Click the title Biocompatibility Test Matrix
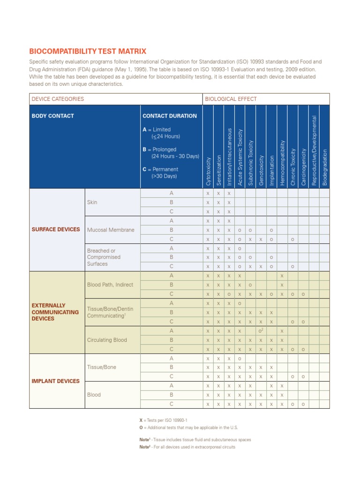point(88,52)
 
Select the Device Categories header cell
point(58,99)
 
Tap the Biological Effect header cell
point(230,99)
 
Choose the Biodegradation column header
point(325,167)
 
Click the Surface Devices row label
point(55,230)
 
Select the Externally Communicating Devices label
point(55,312)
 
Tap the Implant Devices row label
point(55,381)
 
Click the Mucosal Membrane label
point(111,230)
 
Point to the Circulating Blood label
point(107,340)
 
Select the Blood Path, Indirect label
point(110,285)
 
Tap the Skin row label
point(92,202)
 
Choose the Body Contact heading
point(52,116)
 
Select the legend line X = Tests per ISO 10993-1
point(163,420)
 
